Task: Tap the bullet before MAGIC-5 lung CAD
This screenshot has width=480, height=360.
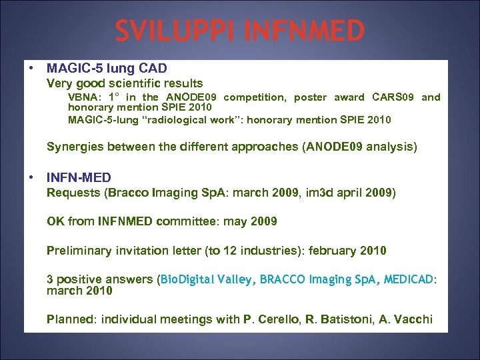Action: (x=31, y=68)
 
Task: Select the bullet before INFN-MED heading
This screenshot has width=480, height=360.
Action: (x=31, y=177)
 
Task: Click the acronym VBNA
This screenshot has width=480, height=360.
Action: (x=83, y=97)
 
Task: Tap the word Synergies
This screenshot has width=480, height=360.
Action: (x=74, y=147)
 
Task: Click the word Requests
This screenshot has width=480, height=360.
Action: (x=71, y=193)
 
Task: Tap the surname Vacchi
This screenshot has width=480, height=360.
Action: (x=413, y=319)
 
